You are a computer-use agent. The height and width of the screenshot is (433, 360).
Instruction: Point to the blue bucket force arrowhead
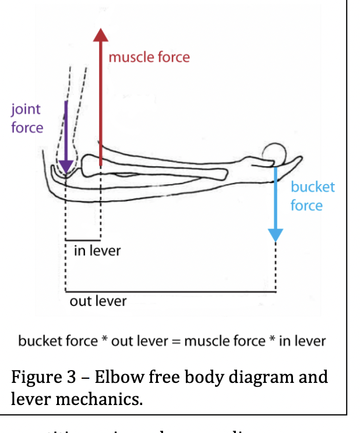click(275, 234)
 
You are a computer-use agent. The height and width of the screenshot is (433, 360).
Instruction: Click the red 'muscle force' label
click(149, 57)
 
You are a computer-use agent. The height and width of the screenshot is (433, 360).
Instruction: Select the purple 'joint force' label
click(27, 118)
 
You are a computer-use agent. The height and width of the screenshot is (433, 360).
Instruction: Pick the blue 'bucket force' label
click(313, 196)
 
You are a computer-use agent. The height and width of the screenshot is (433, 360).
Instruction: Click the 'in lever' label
click(97, 251)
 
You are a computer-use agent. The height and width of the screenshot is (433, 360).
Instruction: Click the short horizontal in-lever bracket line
click(83, 240)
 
